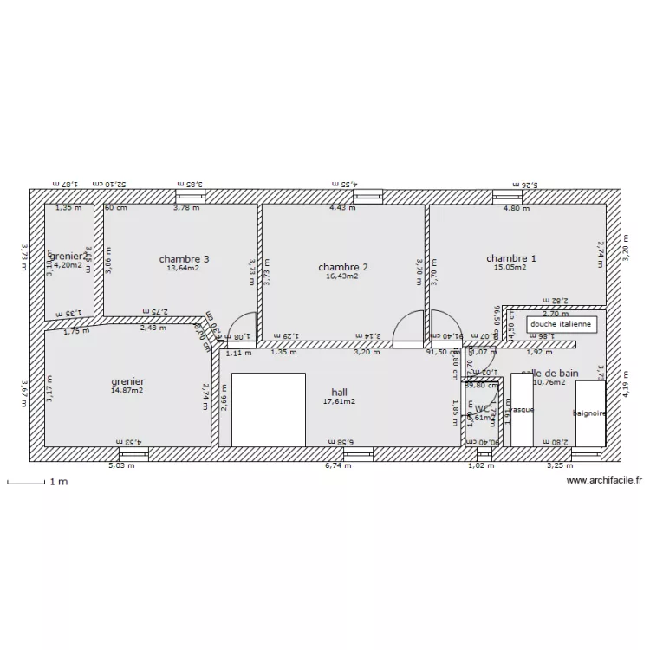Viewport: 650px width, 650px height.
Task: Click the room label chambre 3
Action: tap(184, 258)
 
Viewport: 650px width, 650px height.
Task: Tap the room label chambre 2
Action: tap(343, 266)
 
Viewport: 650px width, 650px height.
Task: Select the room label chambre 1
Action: tap(510, 258)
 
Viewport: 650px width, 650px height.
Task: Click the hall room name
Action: tap(339, 392)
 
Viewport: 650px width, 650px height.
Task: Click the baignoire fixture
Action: tap(590, 413)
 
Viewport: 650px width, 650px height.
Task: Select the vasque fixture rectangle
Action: tap(522, 410)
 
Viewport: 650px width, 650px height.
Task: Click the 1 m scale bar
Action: tap(26, 481)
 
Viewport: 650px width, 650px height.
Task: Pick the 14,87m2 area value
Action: tap(127, 391)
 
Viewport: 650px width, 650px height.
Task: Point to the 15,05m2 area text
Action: tap(510, 268)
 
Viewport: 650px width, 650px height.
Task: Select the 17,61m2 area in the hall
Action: tap(339, 401)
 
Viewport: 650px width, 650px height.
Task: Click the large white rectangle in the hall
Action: tap(269, 409)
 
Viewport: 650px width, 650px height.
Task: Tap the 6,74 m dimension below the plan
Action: tap(338, 465)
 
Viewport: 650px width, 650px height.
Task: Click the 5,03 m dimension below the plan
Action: tap(121, 465)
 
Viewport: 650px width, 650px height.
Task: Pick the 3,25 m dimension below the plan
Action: tap(555, 465)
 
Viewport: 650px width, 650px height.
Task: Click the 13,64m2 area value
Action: tap(184, 268)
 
